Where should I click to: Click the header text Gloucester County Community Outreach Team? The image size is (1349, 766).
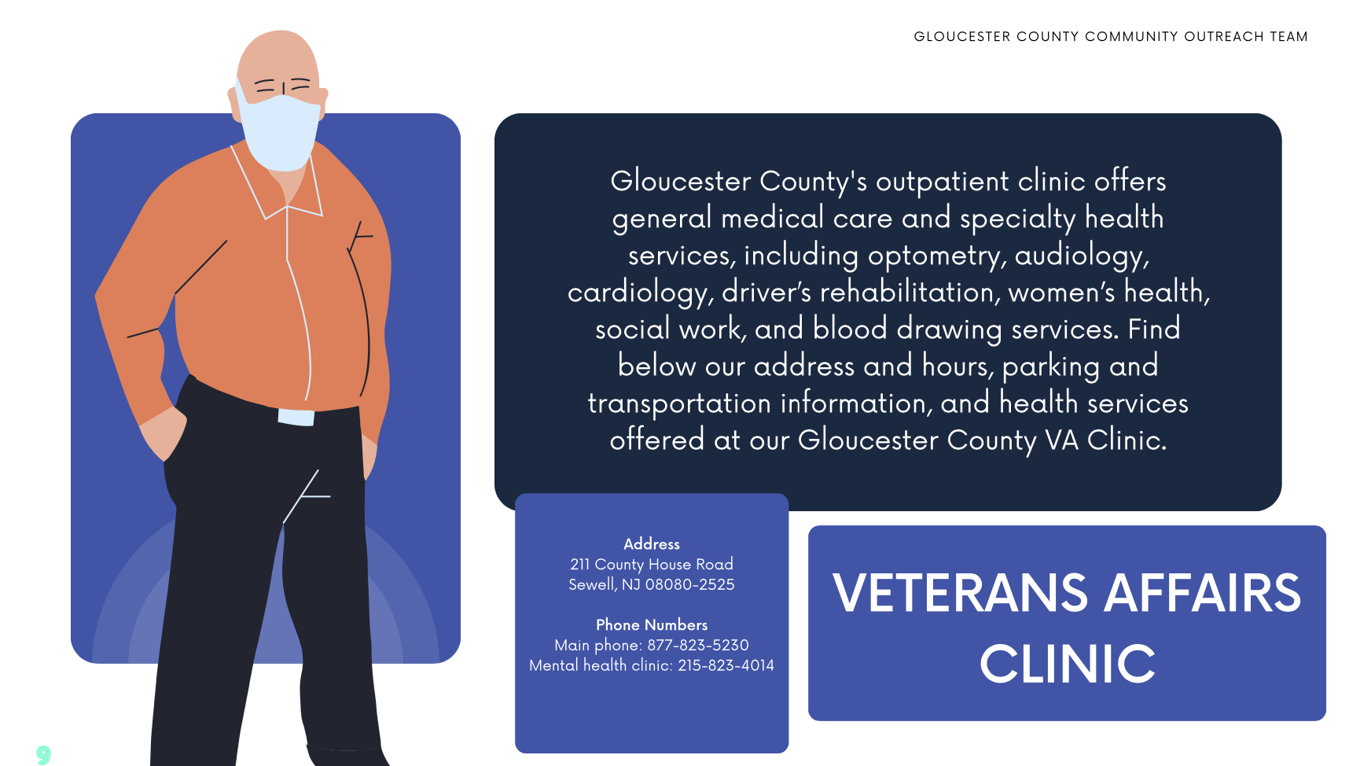click(1111, 37)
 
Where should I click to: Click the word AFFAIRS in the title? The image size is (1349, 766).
click(1203, 593)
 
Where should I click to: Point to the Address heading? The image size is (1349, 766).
click(652, 544)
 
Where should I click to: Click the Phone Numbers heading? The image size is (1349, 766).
click(652, 625)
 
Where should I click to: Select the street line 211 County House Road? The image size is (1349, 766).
click(652, 565)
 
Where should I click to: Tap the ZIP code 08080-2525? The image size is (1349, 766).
click(689, 585)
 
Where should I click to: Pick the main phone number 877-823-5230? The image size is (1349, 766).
click(698, 646)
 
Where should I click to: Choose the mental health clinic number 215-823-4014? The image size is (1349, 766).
click(726, 666)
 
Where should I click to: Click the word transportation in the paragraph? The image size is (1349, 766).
click(679, 403)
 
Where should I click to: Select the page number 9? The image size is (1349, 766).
click(43, 755)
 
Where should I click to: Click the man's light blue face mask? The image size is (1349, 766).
click(280, 132)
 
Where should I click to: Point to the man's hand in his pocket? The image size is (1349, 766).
click(163, 433)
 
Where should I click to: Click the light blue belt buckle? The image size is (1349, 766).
click(296, 418)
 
